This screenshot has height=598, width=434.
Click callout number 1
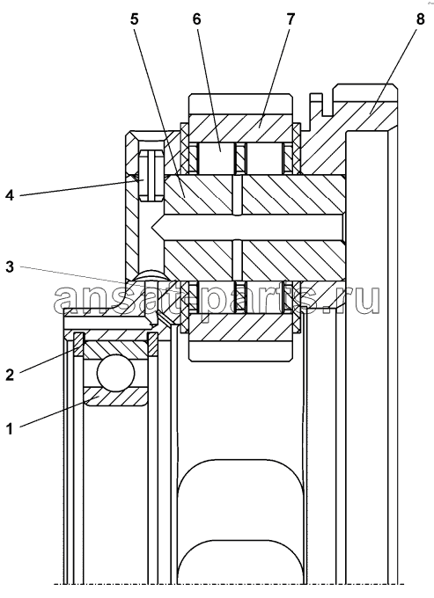point(10,428)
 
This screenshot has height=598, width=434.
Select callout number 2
point(10,374)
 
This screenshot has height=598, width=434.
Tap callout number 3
point(10,266)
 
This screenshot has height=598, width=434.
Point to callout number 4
point(10,195)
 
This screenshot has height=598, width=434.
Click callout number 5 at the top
point(134,19)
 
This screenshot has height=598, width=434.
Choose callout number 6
point(196,19)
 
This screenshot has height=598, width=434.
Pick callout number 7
point(291,19)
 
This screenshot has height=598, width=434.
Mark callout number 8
point(420,19)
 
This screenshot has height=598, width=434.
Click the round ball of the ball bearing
point(116,373)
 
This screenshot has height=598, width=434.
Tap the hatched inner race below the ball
point(116,397)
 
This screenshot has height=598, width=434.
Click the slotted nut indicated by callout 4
point(151,175)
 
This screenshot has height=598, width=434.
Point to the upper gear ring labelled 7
point(240,128)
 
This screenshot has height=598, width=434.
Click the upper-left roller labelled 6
point(217,158)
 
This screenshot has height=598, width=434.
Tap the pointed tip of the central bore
point(153,228)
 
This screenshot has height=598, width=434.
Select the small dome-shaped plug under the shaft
point(151,275)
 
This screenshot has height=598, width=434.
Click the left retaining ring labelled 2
point(78,345)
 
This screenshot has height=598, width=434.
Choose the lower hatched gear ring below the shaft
point(240,327)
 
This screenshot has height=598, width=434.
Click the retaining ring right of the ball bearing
point(152,345)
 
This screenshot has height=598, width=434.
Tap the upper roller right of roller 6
point(264,158)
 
